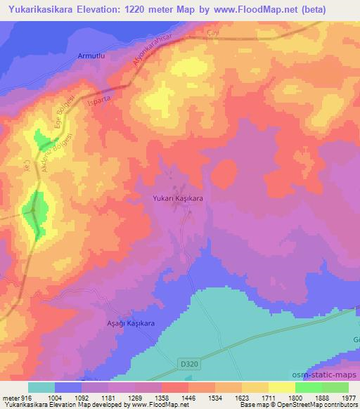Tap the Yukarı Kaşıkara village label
pos(179,199)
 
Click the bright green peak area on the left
pos(34,209)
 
